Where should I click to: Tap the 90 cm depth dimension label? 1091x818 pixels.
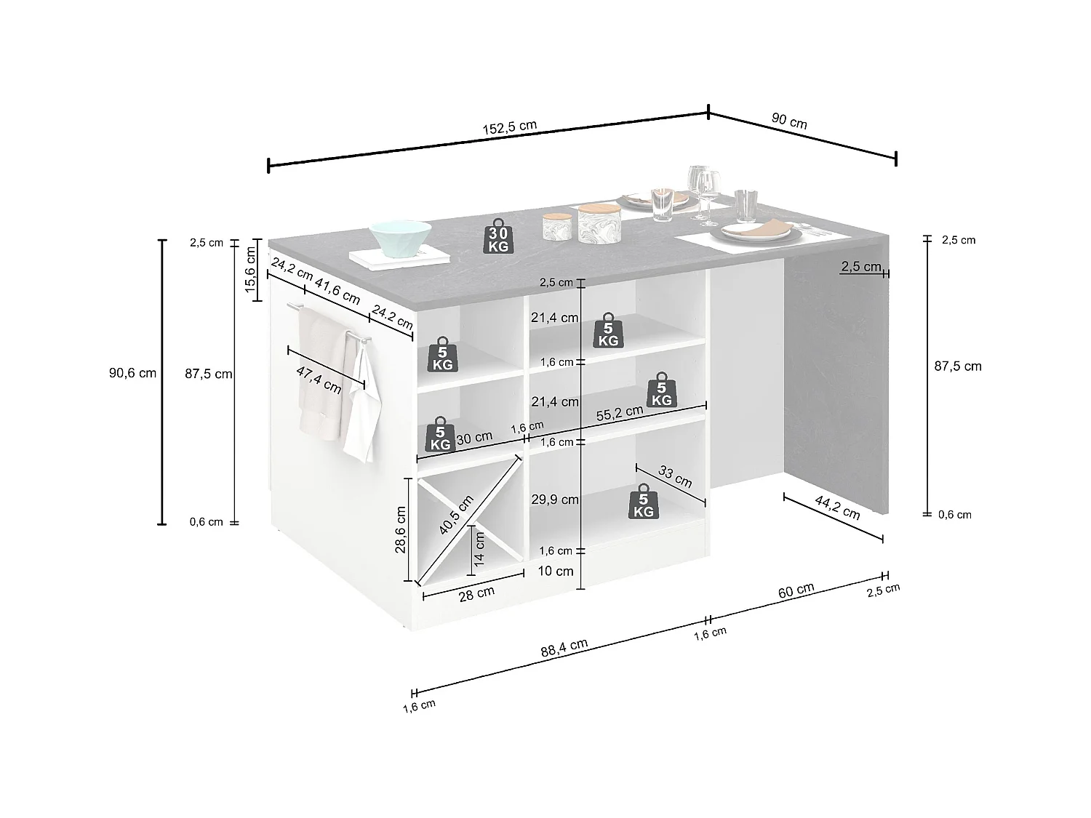[789, 121]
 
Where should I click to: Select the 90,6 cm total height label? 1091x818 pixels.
[132, 373]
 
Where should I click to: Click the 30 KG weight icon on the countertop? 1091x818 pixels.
[498, 236]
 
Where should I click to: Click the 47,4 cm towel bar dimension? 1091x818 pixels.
[319, 379]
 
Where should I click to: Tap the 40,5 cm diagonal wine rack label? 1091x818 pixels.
[457, 514]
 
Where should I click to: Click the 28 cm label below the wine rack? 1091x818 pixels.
[476, 593]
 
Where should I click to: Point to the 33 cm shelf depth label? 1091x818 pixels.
[675, 476]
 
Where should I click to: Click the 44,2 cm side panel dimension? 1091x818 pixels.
[838, 508]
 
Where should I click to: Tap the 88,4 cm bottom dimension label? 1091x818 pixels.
[564, 649]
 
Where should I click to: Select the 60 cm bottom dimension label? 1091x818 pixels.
[796, 590]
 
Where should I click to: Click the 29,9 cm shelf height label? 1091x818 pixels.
[555, 500]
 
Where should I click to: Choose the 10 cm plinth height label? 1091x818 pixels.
[555, 572]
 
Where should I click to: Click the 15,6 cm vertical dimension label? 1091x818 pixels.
[252, 272]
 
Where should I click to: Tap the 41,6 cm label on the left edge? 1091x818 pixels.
[337, 293]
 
